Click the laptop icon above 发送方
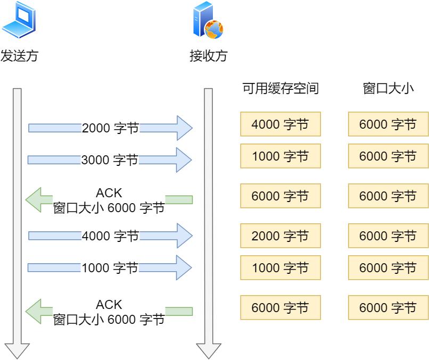click(x=19, y=19)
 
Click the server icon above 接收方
click(x=207, y=19)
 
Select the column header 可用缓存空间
click(x=280, y=89)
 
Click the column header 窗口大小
click(x=388, y=89)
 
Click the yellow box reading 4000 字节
click(x=280, y=124)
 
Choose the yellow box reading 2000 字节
click(x=280, y=236)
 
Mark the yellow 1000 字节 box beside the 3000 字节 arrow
click(x=280, y=156)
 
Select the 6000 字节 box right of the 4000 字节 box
click(x=388, y=124)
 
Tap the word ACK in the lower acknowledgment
click(x=109, y=305)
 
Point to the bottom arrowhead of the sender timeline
click(x=17, y=351)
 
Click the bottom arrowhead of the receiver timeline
click(x=208, y=351)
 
